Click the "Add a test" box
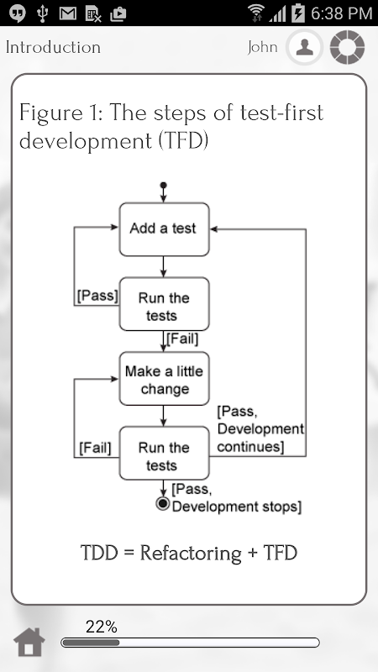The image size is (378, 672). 164,229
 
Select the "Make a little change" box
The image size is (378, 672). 164,379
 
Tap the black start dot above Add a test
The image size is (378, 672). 163,186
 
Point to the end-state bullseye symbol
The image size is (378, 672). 163,503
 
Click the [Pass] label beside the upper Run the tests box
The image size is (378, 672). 97,296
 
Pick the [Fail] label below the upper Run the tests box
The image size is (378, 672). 182,339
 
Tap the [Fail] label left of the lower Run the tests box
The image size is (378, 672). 95,448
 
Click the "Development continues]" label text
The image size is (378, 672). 260,438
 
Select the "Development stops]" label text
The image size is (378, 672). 237,507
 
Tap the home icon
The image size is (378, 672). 29,642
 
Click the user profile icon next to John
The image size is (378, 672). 304,47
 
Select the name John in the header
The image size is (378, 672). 262,47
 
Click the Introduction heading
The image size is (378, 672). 53,47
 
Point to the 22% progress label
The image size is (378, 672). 101,627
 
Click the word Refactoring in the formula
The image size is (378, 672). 191,553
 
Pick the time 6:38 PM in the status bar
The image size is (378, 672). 341,13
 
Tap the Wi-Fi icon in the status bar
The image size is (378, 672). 257,13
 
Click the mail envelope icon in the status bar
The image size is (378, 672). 68,13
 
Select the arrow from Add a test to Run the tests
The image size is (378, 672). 163,266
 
